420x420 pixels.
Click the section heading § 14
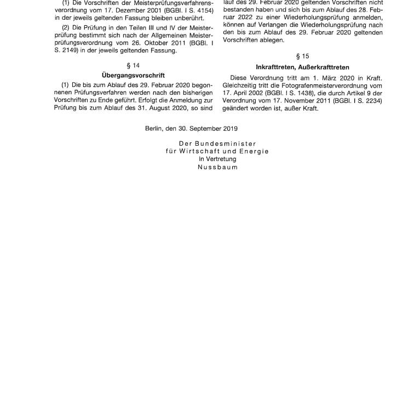[133, 66]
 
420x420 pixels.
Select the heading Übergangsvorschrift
[133, 75]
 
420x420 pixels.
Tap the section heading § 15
[302, 56]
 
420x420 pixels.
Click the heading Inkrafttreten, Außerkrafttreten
[302, 67]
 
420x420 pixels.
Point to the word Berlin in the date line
[155, 129]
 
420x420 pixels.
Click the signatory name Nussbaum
[217, 167]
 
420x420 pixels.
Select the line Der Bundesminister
[217, 143]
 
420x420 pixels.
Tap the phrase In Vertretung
[217, 159]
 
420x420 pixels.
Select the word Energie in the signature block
[256, 151]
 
